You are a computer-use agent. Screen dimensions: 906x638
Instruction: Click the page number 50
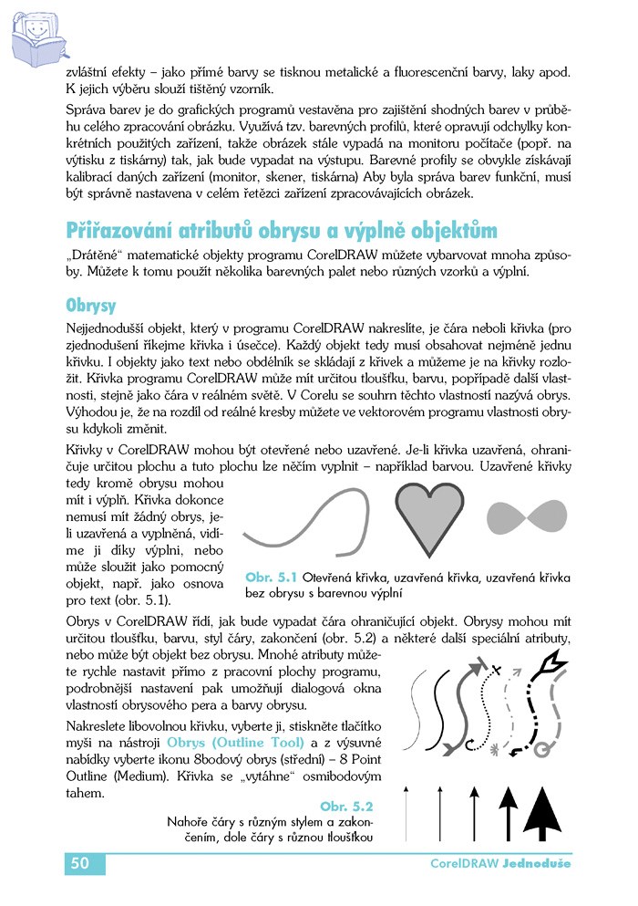point(79,863)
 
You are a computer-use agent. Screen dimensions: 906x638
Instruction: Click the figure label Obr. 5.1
point(272,578)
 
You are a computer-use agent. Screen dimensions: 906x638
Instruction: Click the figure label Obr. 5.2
point(347,806)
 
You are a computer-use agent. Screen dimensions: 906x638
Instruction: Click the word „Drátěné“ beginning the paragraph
point(95,255)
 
